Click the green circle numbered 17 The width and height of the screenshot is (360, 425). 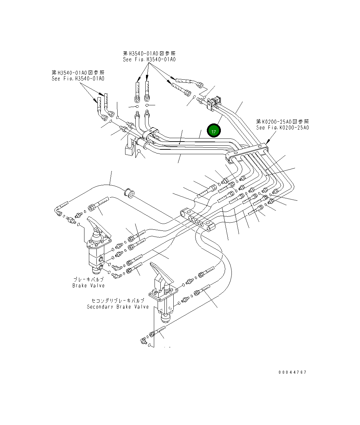214,131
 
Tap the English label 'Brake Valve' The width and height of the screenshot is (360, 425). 89,285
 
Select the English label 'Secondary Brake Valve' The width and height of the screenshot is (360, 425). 118,307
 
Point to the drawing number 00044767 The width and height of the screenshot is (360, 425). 292,372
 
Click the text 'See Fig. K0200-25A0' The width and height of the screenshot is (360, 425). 282,128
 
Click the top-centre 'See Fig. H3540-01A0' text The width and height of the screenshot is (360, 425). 149,59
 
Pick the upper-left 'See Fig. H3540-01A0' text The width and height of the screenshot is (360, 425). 78,78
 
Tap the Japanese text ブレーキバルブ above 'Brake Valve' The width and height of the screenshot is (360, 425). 89,279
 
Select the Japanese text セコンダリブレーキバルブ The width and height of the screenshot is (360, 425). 118,301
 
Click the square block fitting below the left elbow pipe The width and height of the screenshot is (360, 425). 129,150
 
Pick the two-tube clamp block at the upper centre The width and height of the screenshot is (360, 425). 151,134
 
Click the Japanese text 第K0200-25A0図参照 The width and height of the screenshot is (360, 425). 282,121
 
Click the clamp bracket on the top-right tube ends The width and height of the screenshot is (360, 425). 213,103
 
